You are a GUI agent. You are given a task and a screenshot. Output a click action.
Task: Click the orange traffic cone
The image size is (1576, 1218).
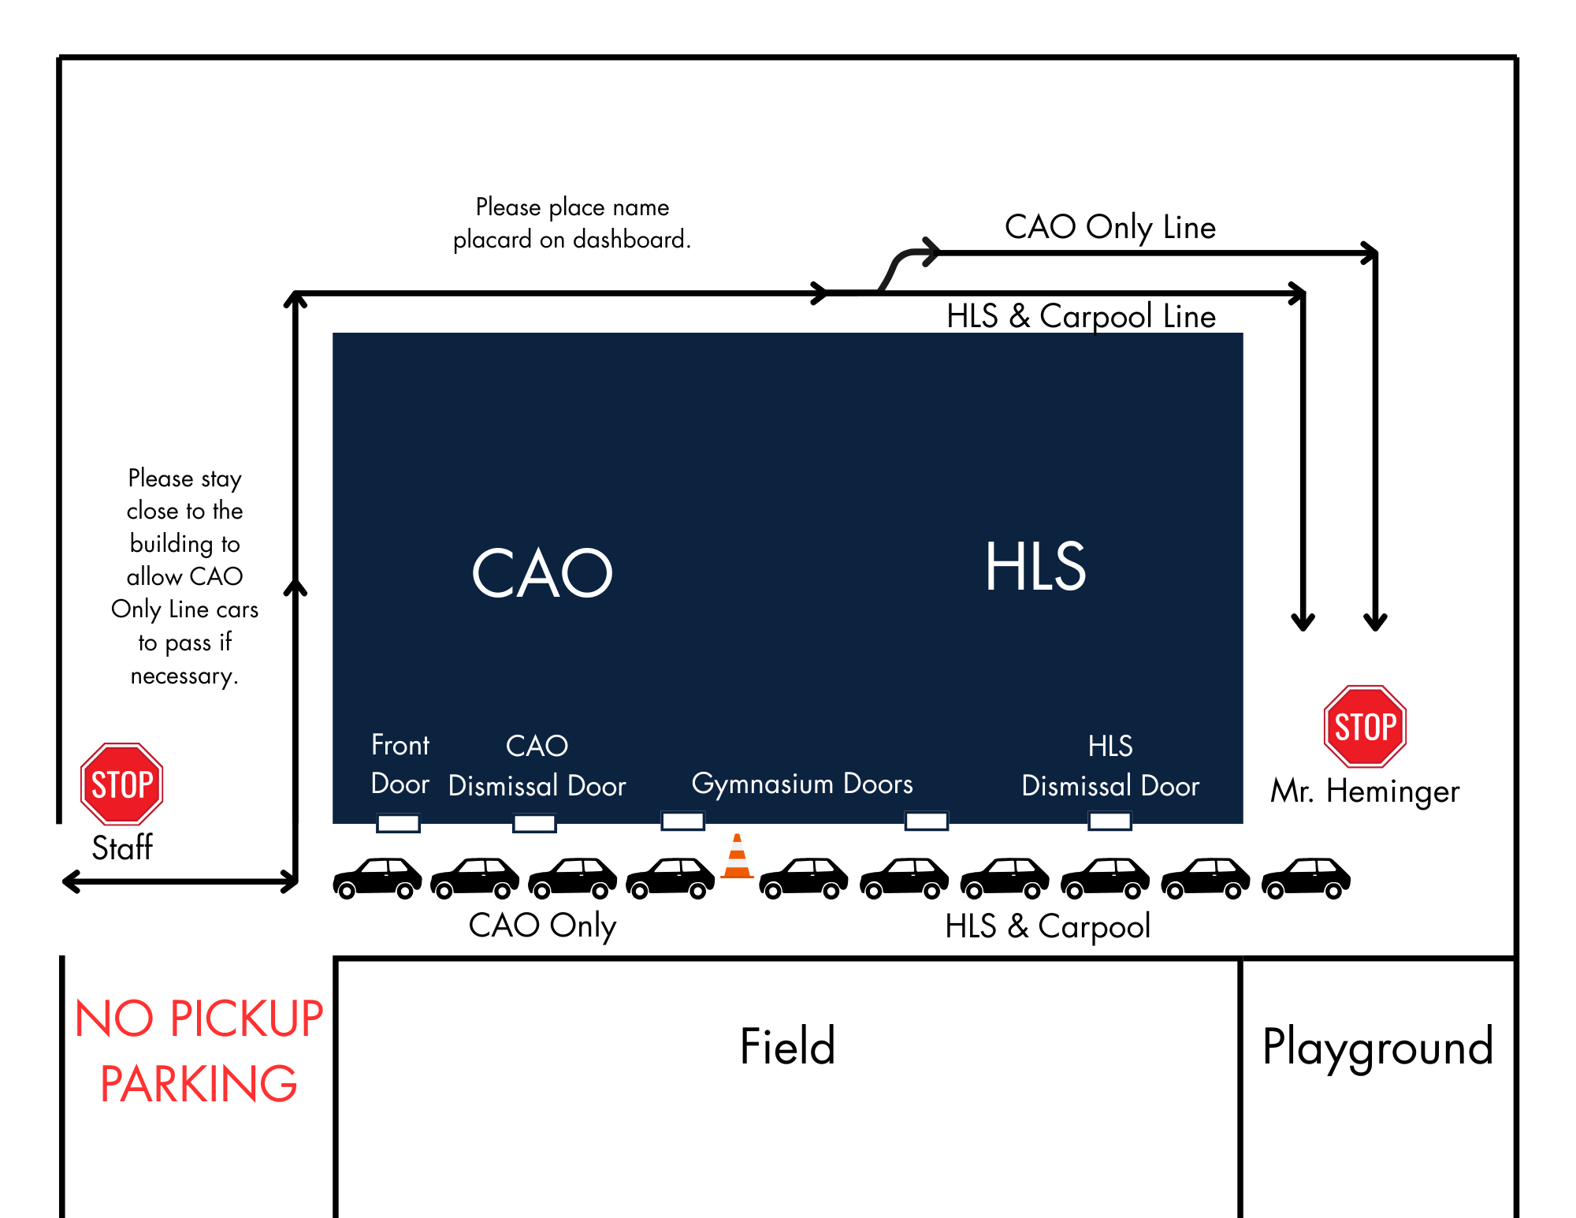click(x=737, y=856)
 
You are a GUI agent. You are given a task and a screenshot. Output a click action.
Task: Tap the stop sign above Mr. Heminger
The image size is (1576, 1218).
click(x=1366, y=726)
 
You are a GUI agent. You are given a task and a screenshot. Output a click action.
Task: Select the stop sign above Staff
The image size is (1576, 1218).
click(x=122, y=784)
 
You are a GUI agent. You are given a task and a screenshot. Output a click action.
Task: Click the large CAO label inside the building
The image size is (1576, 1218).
click(x=542, y=572)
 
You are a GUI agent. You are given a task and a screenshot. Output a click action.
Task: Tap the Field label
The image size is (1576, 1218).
click(x=787, y=1046)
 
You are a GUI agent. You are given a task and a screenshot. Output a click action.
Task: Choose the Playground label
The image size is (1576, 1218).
click(x=1377, y=1049)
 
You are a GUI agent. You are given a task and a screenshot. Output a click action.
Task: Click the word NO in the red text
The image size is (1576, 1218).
click(x=114, y=1019)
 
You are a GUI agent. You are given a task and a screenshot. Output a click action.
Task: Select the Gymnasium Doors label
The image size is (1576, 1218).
click(x=802, y=784)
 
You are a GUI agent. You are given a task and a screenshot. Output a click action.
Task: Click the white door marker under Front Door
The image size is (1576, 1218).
click(x=399, y=823)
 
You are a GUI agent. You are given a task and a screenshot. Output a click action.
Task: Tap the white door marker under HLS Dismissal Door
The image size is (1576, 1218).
click(x=1110, y=821)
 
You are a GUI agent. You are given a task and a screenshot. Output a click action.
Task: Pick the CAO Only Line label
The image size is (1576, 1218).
click(x=1110, y=227)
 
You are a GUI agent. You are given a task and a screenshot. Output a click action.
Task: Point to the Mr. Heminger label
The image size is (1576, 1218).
click(x=1365, y=791)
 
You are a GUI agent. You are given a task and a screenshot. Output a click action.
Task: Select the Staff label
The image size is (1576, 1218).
click(x=122, y=848)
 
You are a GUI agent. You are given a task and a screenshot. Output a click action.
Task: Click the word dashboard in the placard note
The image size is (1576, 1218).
click(x=631, y=239)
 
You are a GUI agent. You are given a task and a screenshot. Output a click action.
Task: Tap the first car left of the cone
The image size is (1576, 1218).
click(x=671, y=877)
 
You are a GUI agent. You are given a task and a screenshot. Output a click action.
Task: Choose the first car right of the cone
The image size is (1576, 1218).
click(x=804, y=877)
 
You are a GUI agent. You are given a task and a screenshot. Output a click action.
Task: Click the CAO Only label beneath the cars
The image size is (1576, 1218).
click(x=542, y=926)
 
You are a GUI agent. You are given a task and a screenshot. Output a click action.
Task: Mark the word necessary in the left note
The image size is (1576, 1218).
click(x=184, y=676)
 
